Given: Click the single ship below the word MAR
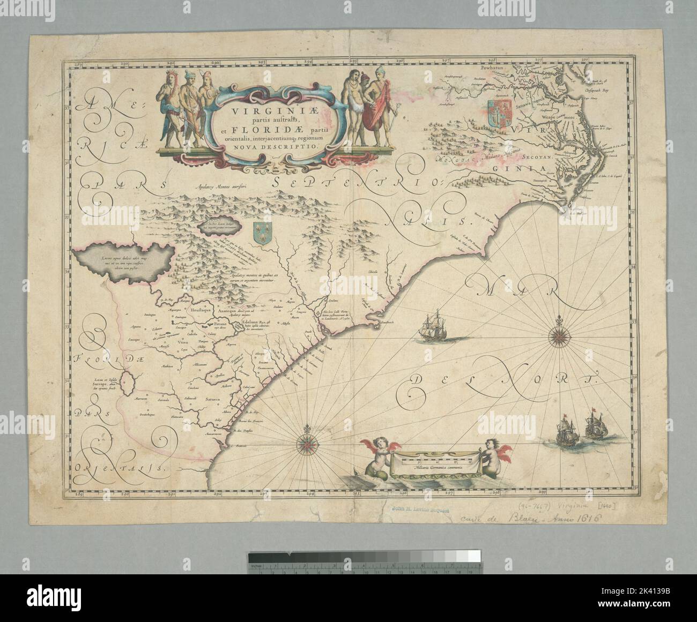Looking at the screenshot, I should [434, 327].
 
